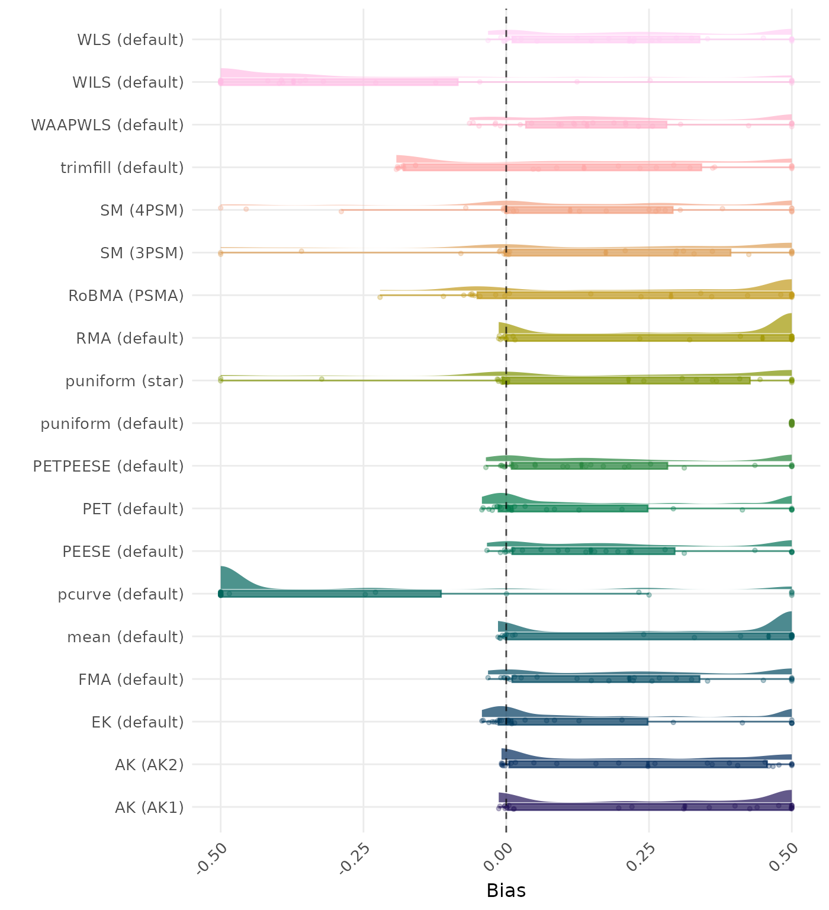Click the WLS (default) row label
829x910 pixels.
[130, 40]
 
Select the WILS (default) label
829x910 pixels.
[128, 82]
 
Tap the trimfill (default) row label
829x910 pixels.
[122, 168]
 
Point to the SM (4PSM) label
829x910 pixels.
[142, 210]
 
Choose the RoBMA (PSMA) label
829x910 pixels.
[126, 296]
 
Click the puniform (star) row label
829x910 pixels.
[124, 381]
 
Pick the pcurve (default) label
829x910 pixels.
[121, 594]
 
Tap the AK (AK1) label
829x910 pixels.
[149, 808]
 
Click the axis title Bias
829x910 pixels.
[506, 890]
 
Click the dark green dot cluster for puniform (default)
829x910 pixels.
[792, 423]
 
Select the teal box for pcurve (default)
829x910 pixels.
[330, 594]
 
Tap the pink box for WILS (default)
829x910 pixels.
[339, 82]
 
